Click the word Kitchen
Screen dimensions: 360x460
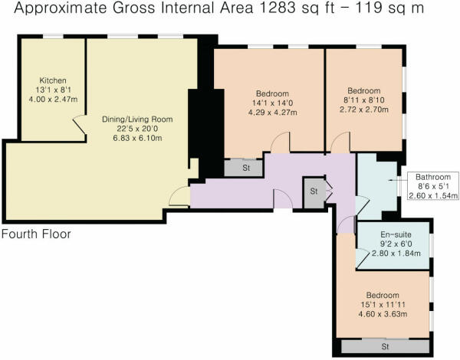pyautogui.click(x=53, y=80)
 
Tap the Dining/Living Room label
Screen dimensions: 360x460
pyautogui.click(x=138, y=119)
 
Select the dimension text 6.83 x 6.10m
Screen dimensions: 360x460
pyautogui.click(x=138, y=139)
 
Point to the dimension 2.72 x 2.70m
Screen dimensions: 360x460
pyautogui.click(x=363, y=110)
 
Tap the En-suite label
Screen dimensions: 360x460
pyautogui.click(x=394, y=236)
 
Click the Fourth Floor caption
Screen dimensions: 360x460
pyautogui.click(x=37, y=234)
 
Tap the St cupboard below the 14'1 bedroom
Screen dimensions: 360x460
pyautogui.click(x=246, y=166)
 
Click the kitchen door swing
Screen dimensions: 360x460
pyautogui.click(x=79, y=124)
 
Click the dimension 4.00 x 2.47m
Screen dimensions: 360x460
pyautogui.click(x=53, y=100)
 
